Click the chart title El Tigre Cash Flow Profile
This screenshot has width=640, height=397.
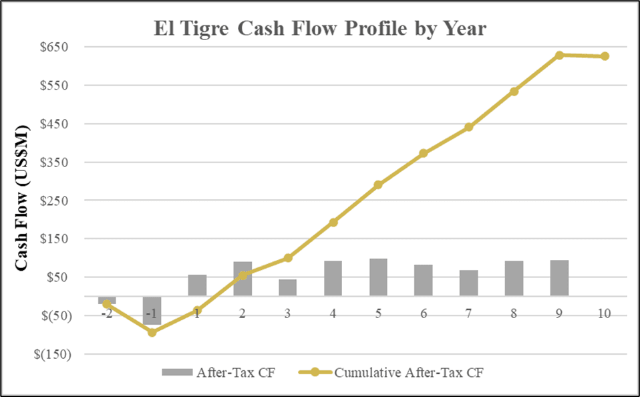coord(320,29)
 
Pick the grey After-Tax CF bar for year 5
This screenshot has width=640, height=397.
coord(378,277)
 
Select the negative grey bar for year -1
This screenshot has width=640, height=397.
coord(152,311)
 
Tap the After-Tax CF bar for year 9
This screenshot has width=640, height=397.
coord(559,278)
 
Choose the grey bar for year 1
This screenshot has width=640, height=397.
coord(197,285)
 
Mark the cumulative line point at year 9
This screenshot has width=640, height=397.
coord(559,55)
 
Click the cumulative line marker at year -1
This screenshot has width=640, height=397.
coord(152,332)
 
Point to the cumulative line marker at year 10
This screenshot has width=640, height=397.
coord(605,56)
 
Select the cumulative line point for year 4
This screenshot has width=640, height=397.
coord(333,223)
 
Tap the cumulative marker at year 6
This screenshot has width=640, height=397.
coord(424,154)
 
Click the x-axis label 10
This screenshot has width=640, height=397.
coord(605,314)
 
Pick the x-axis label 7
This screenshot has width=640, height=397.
coord(468,314)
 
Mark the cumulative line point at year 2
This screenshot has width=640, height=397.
coord(243,275)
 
